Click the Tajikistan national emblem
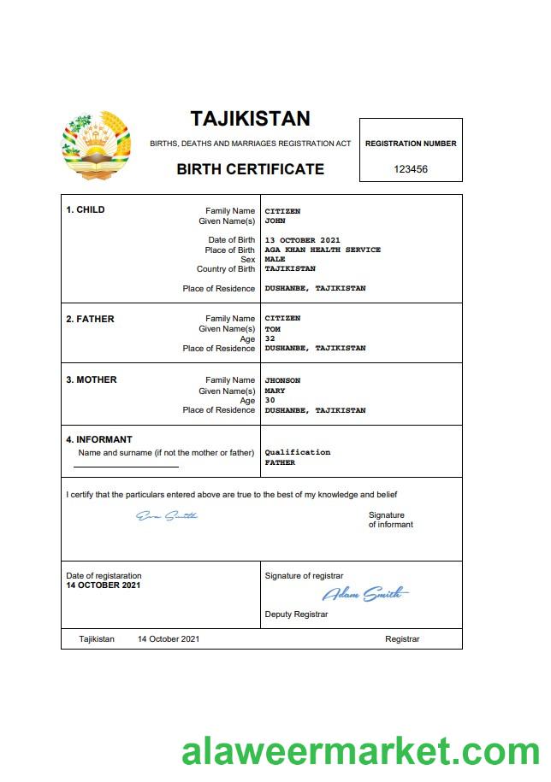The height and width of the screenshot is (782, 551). pos(97,144)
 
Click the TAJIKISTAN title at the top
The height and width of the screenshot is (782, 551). pos(250,118)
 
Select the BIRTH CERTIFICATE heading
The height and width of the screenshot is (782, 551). pos(250,169)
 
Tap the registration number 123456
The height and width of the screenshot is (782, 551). pos(411,169)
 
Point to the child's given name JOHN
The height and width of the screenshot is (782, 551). pos(275,220)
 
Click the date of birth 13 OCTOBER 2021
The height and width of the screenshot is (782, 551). pos(303,240)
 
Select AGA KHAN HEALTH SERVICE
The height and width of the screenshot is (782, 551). pos(323,250)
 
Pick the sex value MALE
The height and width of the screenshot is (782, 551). pos(275,259)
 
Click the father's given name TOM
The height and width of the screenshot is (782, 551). pos(272,329)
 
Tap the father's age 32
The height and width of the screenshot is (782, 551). pos(270,338)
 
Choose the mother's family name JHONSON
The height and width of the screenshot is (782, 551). pos(282,380)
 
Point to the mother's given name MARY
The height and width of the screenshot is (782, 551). pos(275,391)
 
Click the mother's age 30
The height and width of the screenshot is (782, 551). pos(270,400)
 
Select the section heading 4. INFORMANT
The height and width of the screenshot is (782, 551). pos(99,440)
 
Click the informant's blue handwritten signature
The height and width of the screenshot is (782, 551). pos(167,515)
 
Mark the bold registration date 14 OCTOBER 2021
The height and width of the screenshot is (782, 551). pos(104,585)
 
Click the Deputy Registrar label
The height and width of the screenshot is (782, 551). pos(296,614)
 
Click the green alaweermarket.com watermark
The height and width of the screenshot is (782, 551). pos(360,751)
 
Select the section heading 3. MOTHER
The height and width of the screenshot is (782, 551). pos(92,379)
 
